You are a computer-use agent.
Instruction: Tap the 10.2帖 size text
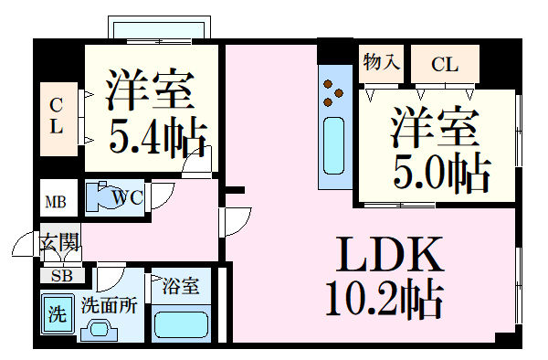[x=384, y=298]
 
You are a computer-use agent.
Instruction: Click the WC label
[x=127, y=196]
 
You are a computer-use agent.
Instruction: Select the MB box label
[x=56, y=201]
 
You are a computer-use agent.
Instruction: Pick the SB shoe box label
[x=61, y=274]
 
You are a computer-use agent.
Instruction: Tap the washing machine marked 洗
[x=57, y=316]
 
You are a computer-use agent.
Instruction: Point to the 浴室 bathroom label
[x=181, y=286]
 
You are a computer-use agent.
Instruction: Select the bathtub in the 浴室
[x=181, y=323]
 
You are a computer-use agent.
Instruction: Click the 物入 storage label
[x=381, y=63]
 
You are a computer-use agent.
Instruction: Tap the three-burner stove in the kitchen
[x=334, y=91]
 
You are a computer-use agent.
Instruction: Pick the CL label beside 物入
[x=445, y=64]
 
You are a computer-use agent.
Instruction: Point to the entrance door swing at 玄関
[x=26, y=247]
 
